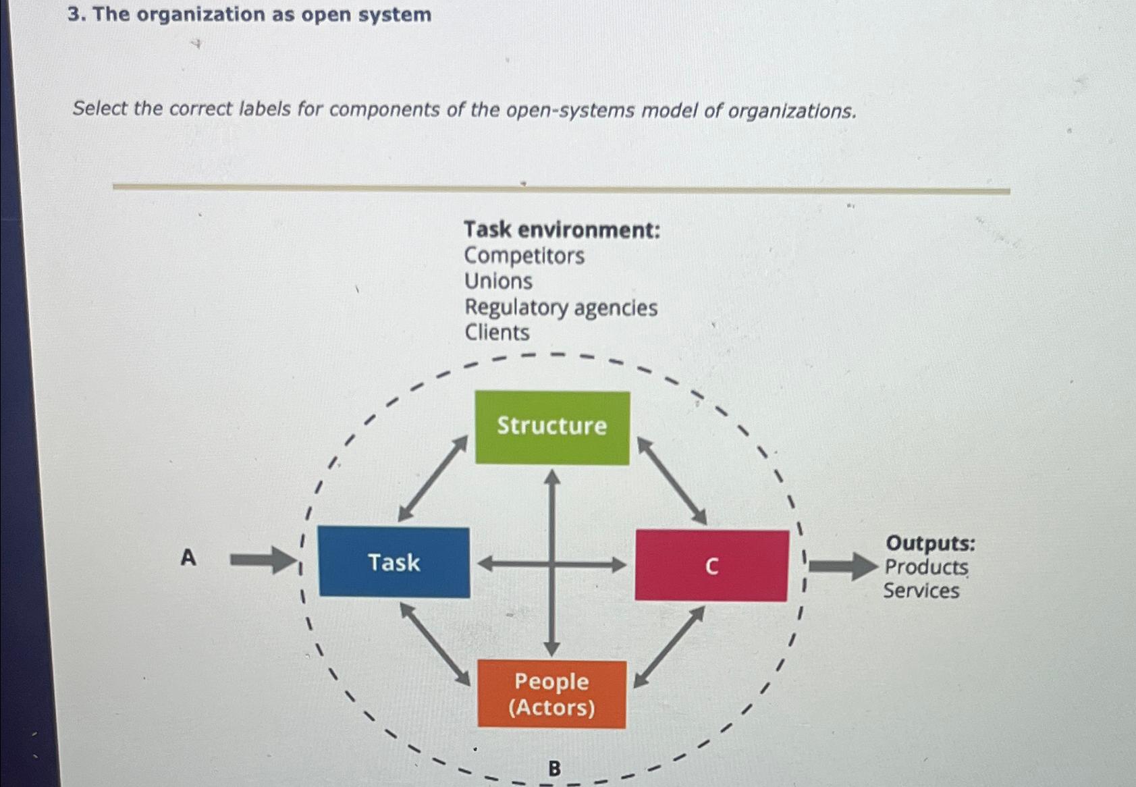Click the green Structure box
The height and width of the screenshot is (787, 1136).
(x=552, y=427)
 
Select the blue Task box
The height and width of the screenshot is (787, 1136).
(x=394, y=562)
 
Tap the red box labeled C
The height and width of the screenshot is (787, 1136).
(x=711, y=565)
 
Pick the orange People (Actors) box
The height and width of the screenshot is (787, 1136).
(x=551, y=694)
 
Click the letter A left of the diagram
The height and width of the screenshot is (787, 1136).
(x=188, y=558)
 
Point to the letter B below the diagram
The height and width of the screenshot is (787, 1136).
(x=554, y=768)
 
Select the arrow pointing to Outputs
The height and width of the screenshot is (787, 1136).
(x=842, y=566)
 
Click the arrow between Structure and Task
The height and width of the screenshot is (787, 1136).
(x=433, y=479)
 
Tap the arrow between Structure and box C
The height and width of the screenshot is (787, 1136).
(x=672, y=481)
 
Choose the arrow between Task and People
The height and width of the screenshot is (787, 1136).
(x=435, y=643)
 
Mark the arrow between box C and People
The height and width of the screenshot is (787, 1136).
(x=669, y=646)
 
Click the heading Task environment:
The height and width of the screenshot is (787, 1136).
(x=562, y=230)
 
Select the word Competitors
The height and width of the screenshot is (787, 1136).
(x=524, y=256)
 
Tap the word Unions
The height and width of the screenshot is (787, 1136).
(x=498, y=281)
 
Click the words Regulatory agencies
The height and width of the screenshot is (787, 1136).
(x=560, y=308)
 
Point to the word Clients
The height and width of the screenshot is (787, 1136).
(x=497, y=333)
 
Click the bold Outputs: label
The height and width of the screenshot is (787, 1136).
(x=930, y=543)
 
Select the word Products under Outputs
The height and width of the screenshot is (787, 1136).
(x=926, y=567)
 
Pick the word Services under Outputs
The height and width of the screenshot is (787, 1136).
(x=921, y=591)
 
